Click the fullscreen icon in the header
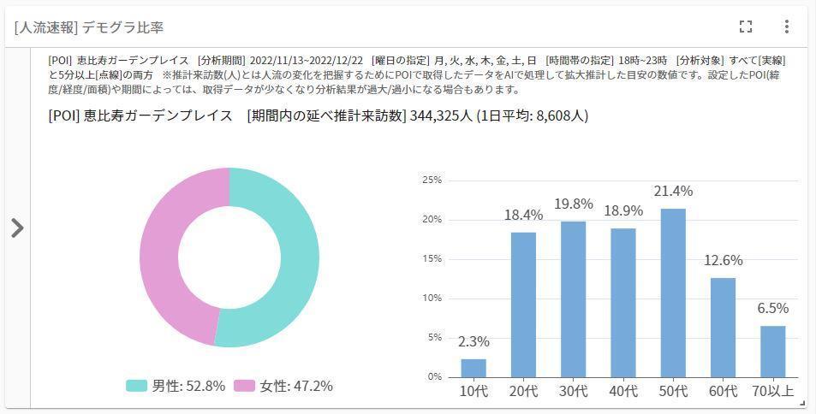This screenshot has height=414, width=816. click(x=746, y=27)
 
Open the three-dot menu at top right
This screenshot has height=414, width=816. click(x=787, y=27)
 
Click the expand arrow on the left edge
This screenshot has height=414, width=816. click(x=17, y=228)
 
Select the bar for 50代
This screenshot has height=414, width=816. click(x=673, y=293)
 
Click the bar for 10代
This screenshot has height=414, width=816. click(x=474, y=368)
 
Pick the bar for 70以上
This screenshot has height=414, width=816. click(x=772, y=351)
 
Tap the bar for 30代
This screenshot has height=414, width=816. click(x=573, y=299)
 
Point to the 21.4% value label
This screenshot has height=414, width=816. click(x=673, y=191)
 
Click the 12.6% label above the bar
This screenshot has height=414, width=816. click(x=723, y=260)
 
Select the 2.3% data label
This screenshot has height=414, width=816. click(x=474, y=341)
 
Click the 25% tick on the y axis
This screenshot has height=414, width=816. click(x=432, y=180)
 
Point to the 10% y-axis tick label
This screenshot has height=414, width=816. click(x=432, y=299)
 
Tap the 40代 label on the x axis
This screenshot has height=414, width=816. click(x=623, y=392)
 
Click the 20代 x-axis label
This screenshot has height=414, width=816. click(x=523, y=392)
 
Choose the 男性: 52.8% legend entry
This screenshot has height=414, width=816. click(x=176, y=386)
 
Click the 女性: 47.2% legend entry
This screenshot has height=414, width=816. click(x=283, y=386)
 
